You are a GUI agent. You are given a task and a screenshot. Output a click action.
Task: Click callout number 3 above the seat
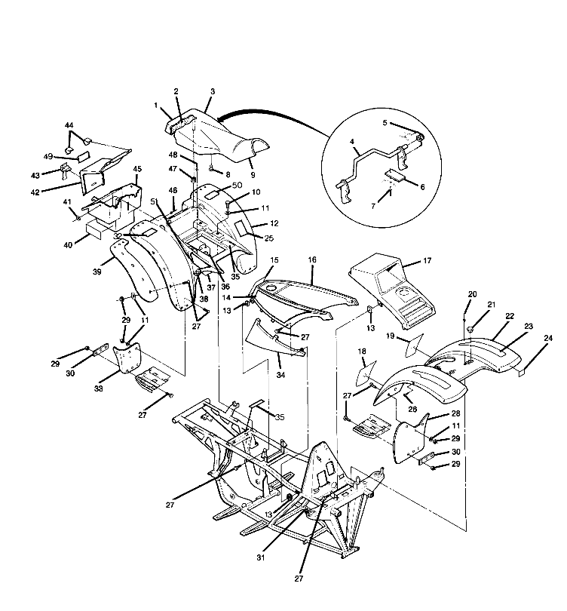(x=213, y=92)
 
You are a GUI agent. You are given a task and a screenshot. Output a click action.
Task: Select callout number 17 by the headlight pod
(x=427, y=261)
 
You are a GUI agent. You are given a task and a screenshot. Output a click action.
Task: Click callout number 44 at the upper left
(x=69, y=124)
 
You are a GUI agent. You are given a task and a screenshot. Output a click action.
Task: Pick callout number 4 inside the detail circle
(x=352, y=141)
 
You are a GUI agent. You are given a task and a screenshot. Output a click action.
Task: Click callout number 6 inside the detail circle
(x=422, y=186)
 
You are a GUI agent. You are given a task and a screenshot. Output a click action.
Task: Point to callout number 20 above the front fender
(x=473, y=294)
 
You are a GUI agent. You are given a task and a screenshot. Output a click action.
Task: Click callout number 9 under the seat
(x=231, y=175)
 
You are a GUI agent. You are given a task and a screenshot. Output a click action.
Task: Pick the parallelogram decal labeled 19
(x=412, y=347)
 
